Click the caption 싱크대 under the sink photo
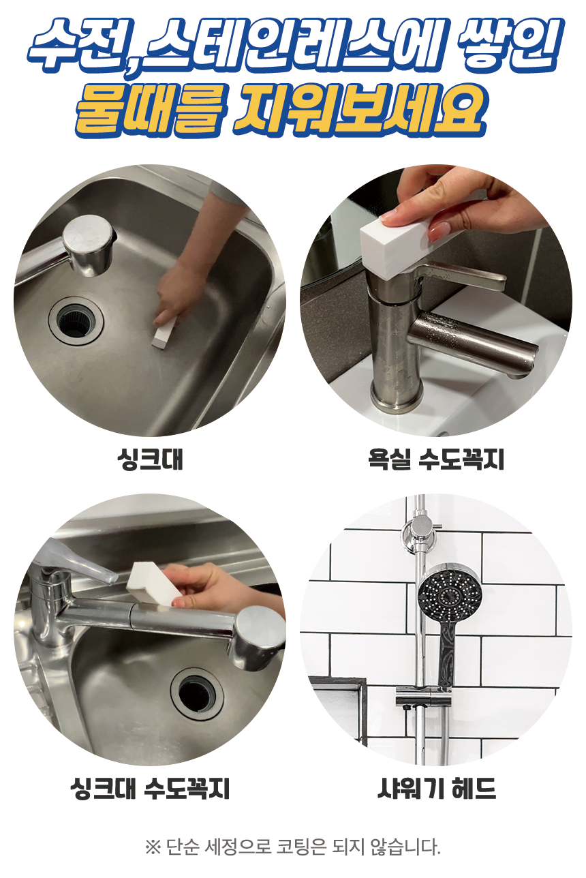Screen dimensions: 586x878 click(151, 459)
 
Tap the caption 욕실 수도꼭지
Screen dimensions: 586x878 click(436, 459)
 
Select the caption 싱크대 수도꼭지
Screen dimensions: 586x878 click(150, 788)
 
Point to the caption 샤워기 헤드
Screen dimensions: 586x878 click(437, 788)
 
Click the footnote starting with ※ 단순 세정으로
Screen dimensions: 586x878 click(292, 847)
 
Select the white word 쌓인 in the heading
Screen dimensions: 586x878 click(509, 43)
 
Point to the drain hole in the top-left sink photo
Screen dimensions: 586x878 click(76, 320)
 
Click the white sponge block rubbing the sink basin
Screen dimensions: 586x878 click(165, 331)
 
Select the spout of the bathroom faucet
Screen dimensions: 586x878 click(473, 344)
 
